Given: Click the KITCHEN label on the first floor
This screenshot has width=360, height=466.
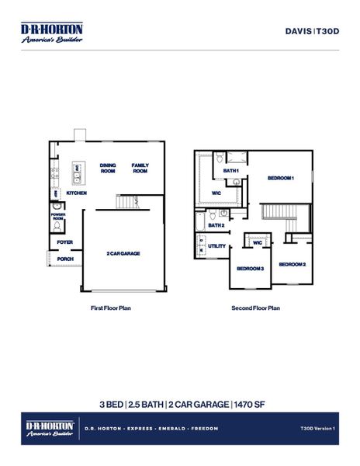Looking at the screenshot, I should click(x=76, y=193).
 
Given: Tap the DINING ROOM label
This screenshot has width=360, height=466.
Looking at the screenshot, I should click(x=108, y=169).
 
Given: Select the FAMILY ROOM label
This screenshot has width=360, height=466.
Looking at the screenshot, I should click(x=140, y=169).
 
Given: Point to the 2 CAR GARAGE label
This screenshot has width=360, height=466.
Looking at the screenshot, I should click(x=123, y=253).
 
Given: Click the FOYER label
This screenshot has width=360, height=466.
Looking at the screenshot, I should click(x=65, y=242).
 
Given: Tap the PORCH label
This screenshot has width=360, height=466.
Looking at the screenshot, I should click(x=65, y=259).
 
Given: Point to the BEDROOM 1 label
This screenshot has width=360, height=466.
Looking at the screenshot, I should click(x=281, y=178).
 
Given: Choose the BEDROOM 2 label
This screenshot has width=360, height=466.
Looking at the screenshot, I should click(x=292, y=264).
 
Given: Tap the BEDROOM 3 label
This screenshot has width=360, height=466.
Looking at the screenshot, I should click(x=251, y=268).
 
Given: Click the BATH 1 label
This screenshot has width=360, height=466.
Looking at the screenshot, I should click(x=231, y=170).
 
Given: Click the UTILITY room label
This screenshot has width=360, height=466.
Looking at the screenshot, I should click(x=217, y=246).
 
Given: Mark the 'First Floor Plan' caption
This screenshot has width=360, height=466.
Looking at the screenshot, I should click(x=111, y=308).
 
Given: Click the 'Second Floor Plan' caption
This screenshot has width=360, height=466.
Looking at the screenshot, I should click(x=255, y=308).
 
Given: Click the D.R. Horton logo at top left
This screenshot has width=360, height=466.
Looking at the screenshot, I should click(x=51, y=33).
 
